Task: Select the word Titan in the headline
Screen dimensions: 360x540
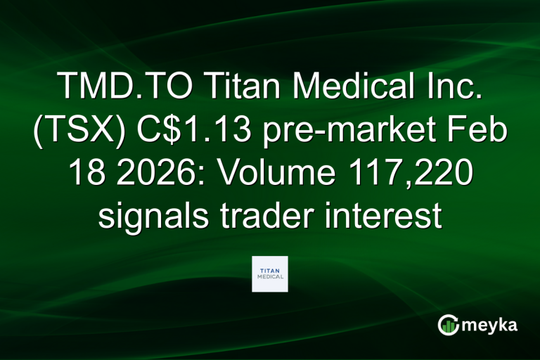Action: (239, 87)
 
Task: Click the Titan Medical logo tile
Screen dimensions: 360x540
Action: (270, 274)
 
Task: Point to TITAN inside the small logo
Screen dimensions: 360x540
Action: (270, 269)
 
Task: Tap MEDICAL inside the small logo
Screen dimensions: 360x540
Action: (270, 277)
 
